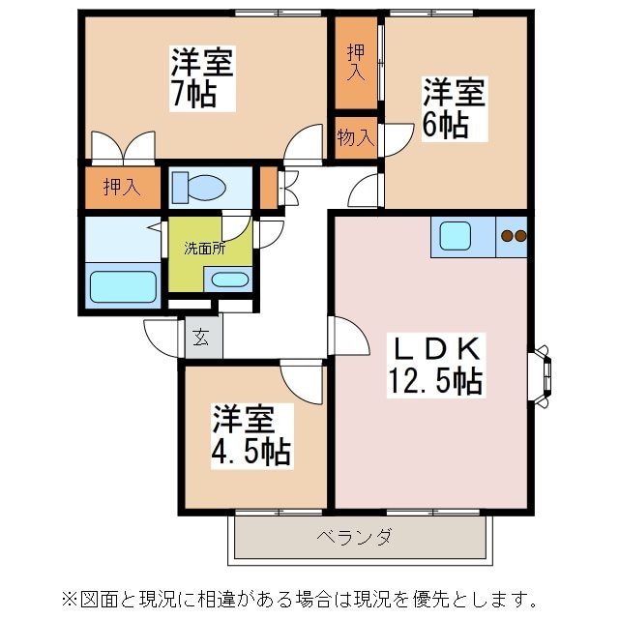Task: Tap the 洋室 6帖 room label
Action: [452, 108]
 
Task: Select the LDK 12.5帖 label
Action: [432, 364]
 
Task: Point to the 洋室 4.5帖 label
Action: [251, 435]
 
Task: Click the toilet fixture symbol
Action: [198, 187]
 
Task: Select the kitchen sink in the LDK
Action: [456, 236]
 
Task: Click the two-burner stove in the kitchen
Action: [513, 235]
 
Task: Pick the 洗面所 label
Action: [205, 247]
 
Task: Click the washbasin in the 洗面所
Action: [228, 280]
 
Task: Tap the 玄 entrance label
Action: [201, 339]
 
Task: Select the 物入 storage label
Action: [355, 136]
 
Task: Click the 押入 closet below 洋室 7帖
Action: [121, 188]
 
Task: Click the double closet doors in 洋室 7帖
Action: [123, 147]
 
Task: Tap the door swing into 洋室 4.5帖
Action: [302, 381]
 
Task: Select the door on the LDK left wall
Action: [349, 337]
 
